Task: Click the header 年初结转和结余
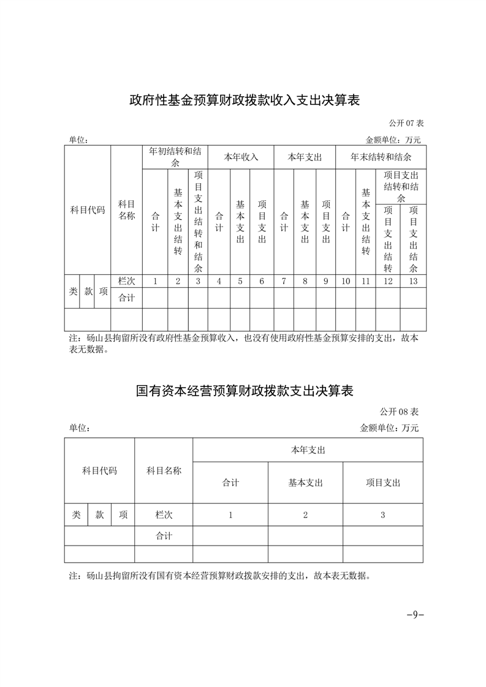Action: tap(175, 157)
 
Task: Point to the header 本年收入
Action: tap(241, 157)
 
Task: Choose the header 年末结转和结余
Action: tap(381, 157)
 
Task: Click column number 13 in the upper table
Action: tap(413, 282)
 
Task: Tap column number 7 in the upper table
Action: tap(284, 282)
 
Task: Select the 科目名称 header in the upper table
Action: tap(126, 210)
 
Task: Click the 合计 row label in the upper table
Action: tap(126, 298)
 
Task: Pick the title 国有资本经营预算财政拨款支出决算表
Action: tap(244, 391)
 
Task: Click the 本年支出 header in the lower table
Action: tap(308, 450)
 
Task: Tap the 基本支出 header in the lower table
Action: tap(305, 483)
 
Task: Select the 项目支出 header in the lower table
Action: tap(382, 483)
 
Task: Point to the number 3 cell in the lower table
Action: tap(382, 516)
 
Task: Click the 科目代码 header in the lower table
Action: tap(99, 471)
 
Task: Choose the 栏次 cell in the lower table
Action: tap(164, 516)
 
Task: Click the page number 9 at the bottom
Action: tap(415, 615)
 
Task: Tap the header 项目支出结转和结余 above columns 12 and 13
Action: tap(401, 187)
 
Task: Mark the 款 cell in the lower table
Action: tap(99, 516)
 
